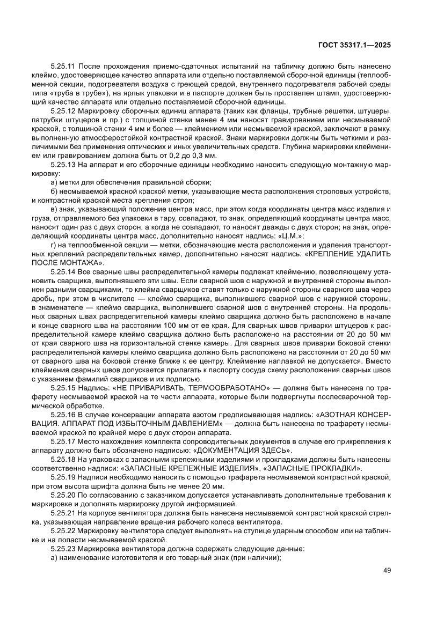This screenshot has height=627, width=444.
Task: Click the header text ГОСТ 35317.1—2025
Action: coord(355,45)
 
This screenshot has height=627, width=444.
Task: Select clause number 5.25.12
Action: coord(63,111)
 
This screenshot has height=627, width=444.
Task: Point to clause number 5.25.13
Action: coord(63,166)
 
